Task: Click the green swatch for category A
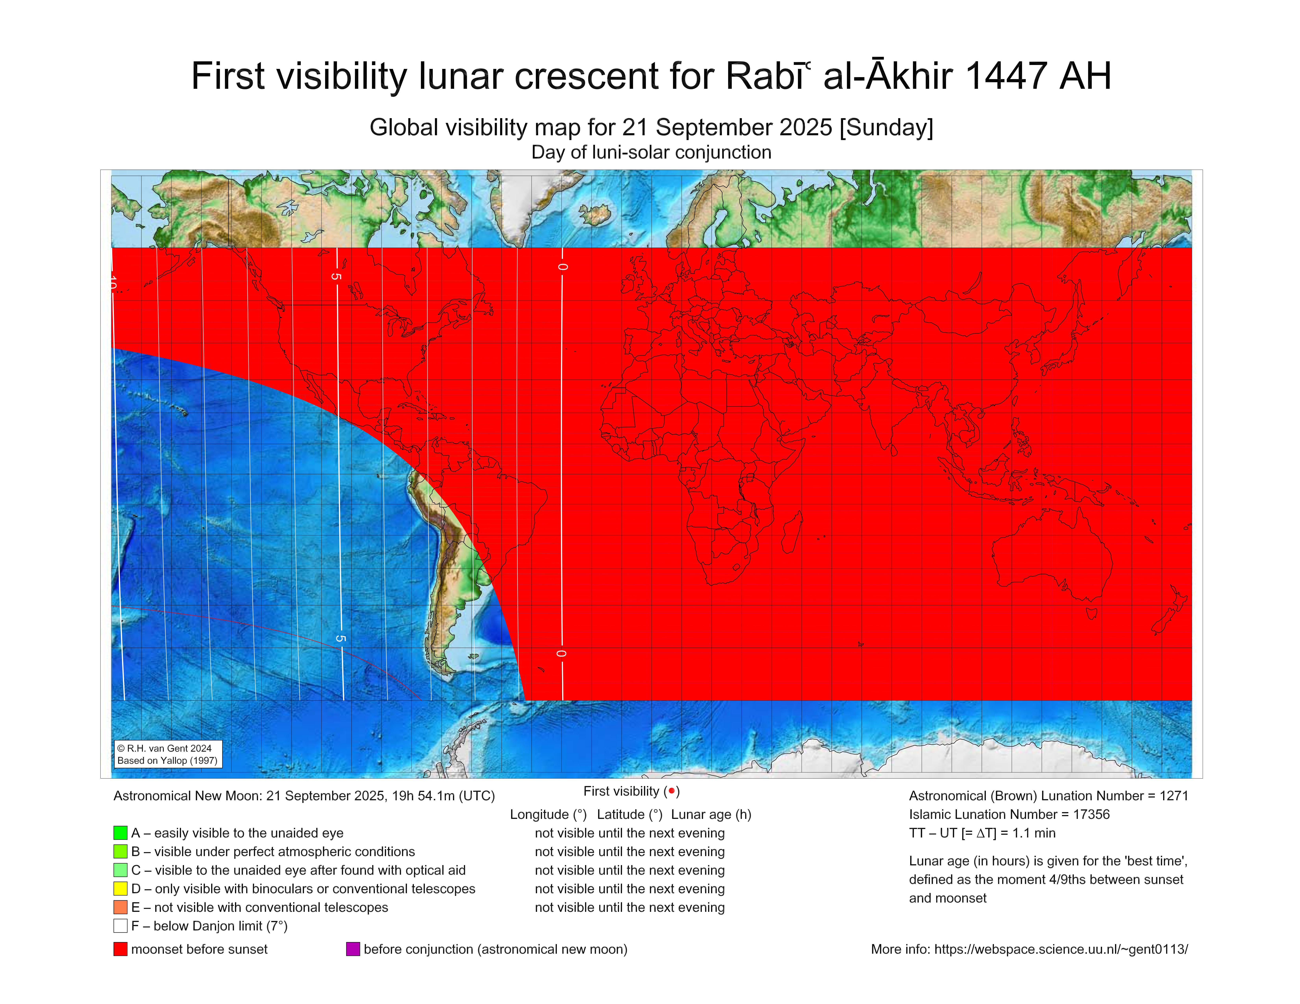click(x=120, y=833)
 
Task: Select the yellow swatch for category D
click(x=120, y=889)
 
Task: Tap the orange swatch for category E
click(x=120, y=907)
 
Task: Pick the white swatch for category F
click(x=120, y=925)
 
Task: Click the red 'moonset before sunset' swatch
click(x=120, y=949)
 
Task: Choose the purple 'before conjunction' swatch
click(x=353, y=949)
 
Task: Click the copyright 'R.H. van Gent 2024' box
click(x=168, y=754)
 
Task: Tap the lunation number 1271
click(x=1173, y=796)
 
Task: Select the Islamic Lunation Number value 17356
click(x=1091, y=814)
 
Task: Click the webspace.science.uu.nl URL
click(x=1061, y=949)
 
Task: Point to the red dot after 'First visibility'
click(x=671, y=791)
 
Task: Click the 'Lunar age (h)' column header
click(x=711, y=814)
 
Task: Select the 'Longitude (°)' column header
click(x=548, y=814)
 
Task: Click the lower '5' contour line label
click(x=340, y=638)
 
